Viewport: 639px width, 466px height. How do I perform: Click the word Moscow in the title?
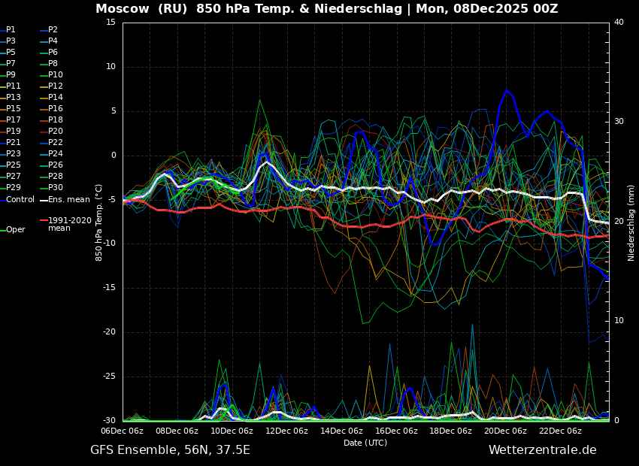point(121,9)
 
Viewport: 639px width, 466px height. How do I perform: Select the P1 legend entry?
point(11,30)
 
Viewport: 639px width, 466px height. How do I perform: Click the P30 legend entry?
point(56,188)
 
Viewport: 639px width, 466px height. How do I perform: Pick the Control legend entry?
point(20,200)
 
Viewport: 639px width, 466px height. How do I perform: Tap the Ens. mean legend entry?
point(68,200)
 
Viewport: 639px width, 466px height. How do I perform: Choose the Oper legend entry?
point(16,230)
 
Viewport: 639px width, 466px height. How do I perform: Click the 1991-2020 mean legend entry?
point(69,224)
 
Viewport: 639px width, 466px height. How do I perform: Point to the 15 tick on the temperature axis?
point(111,23)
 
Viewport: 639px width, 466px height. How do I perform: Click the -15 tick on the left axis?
point(109,288)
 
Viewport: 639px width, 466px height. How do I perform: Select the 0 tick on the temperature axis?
point(114,156)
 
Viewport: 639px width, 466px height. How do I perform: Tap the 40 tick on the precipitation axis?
point(619,23)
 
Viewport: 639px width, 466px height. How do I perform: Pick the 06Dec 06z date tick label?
point(123,431)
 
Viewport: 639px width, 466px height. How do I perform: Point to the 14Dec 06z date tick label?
point(341,431)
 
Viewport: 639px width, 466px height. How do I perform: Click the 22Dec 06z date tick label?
point(560,431)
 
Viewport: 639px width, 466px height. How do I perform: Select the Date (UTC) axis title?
point(365,443)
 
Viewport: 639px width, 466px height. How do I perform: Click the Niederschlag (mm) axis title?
point(631,222)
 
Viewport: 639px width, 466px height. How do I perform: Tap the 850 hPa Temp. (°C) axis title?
point(99,222)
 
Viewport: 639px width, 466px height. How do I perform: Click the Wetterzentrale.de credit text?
point(542,450)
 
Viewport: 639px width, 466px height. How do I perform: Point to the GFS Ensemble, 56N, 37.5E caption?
point(170,450)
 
